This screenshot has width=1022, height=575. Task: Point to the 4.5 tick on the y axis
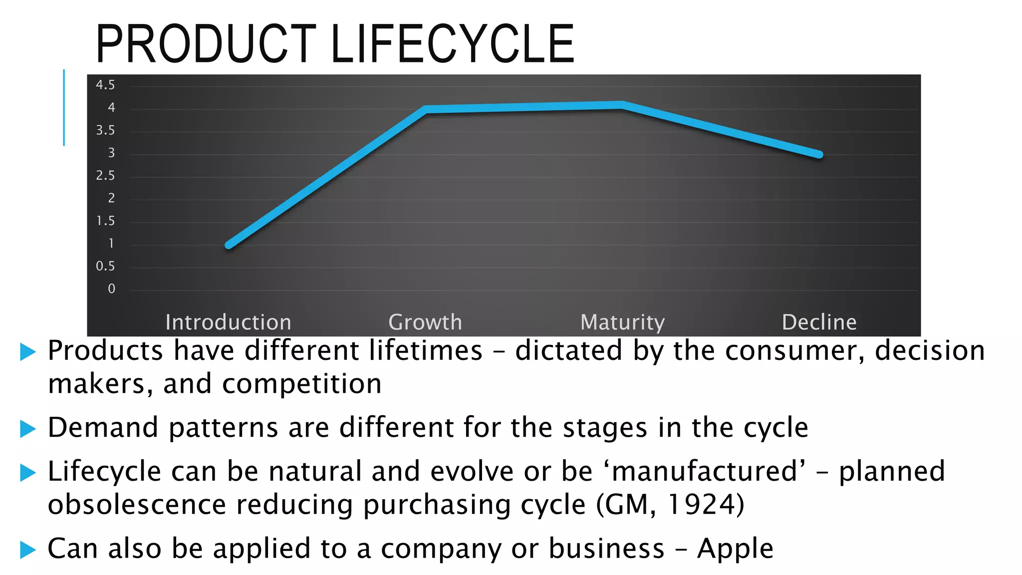[105, 85]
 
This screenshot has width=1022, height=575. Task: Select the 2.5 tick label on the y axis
[105, 176]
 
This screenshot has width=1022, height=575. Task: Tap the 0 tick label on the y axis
[111, 289]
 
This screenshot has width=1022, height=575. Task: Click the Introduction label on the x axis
[229, 322]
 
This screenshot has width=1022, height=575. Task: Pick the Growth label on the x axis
[425, 322]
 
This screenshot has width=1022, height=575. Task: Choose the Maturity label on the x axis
[622, 322]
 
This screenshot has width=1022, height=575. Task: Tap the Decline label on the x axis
[819, 322]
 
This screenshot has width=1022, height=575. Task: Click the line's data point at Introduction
[229, 245]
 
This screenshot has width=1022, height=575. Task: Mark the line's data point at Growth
[426, 109]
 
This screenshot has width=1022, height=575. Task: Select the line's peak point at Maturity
[622, 105]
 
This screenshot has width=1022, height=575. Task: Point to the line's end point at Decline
[819, 155]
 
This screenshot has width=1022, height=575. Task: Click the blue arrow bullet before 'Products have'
[28, 352]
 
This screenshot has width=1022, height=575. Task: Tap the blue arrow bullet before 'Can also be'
[28, 550]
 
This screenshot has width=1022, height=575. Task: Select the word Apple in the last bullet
[735, 549]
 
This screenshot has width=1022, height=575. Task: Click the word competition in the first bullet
[302, 384]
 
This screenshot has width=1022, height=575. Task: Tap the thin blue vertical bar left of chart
[64, 108]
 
